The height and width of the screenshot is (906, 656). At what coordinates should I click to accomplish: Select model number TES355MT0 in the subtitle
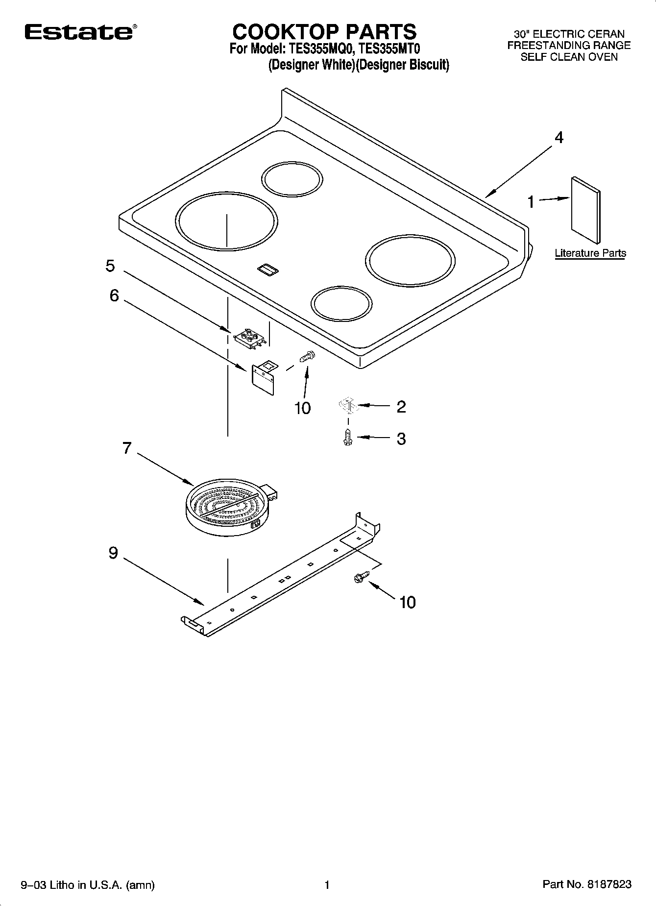[x=390, y=49]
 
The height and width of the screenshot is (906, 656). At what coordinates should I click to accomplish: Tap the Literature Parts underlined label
[x=590, y=253]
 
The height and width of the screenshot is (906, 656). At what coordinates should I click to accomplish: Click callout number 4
[x=559, y=138]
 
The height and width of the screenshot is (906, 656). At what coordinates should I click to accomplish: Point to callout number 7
[x=127, y=447]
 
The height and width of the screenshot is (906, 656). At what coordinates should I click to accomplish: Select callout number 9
[x=113, y=553]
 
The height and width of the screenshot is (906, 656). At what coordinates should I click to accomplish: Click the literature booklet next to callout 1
[x=585, y=209]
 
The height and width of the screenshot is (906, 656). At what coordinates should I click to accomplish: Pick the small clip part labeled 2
[x=347, y=406]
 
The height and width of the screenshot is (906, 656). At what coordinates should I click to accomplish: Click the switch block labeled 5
[x=250, y=338]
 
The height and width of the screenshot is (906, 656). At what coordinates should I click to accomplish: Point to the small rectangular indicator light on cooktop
[x=267, y=269]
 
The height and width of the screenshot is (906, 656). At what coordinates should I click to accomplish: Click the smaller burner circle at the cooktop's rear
[x=292, y=178]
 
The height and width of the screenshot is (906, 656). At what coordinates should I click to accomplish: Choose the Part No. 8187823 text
[x=586, y=884]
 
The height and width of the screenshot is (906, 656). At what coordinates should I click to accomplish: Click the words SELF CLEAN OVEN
[x=568, y=57]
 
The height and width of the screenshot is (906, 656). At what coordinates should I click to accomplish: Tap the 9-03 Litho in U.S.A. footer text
[x=88, y=885]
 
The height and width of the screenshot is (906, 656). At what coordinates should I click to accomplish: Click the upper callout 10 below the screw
[x=302, y=408]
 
